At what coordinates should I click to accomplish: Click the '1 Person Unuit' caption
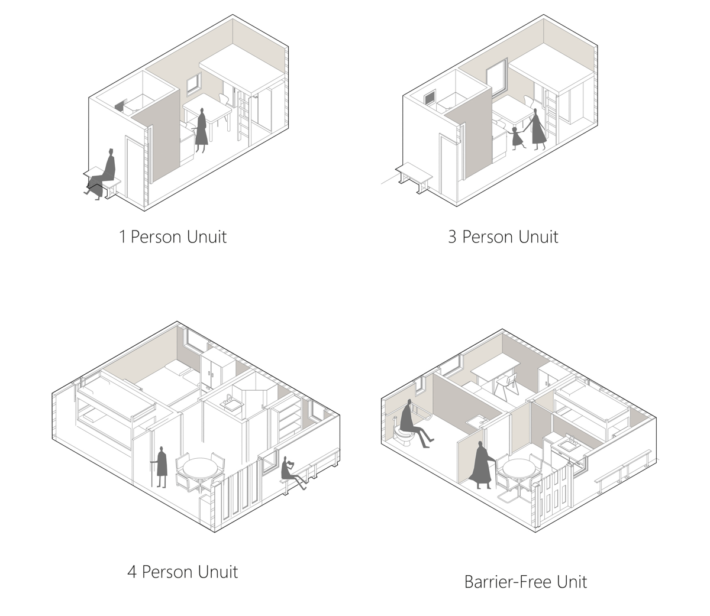(173, 236)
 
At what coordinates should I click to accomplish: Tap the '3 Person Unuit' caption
(503, 236)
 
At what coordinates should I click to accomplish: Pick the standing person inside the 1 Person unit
(201, 130)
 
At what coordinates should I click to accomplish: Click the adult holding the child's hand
(537, 129)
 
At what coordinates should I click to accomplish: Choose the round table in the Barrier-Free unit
(520, 469)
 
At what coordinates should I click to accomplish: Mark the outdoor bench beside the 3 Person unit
(414, 177)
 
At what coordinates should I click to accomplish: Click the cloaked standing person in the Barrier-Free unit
(480, 465)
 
